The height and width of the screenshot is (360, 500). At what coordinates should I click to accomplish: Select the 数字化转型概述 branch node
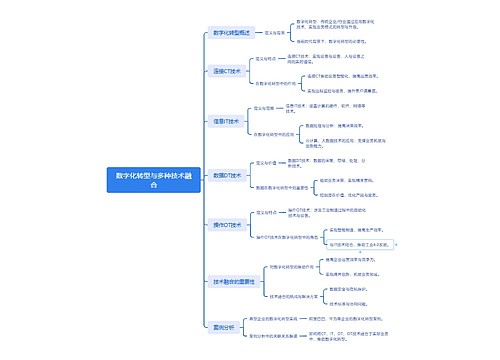click(226, 33)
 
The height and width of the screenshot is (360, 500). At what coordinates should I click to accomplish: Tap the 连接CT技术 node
click(226, 72)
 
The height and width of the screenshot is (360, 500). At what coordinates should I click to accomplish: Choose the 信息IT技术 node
click(226, 121)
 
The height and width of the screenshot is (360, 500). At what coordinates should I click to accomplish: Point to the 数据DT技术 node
click(226, 175)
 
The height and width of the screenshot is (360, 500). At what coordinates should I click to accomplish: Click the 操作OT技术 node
click(226, 226)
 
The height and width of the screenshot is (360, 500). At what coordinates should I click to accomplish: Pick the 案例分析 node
click(224, 326)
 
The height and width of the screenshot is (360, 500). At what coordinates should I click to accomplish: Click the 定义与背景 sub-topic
click(273, 33)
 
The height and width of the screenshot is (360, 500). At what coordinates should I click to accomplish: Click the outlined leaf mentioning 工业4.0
click(357, 243)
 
